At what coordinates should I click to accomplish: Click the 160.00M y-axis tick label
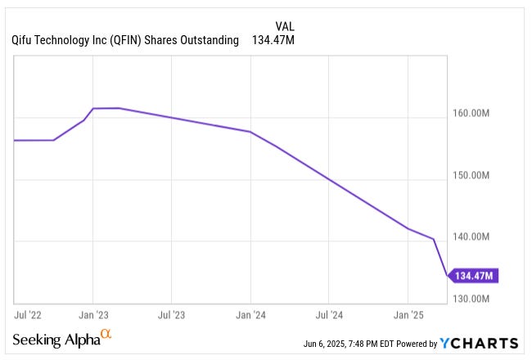click(473, 113)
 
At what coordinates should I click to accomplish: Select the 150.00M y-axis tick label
click(473, 175)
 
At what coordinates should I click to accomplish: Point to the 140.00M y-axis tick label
click(473, 237)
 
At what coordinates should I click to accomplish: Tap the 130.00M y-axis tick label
click(473, 299)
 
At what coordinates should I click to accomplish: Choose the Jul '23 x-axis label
click(171, 313)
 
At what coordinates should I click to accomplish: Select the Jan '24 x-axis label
click(250, 313)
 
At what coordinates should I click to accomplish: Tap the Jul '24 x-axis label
click(329, 313)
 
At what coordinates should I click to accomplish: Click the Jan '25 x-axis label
click(408, 313)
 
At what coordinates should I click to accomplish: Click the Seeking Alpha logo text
click(56, 340)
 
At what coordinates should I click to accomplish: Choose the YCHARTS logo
click(479, 343)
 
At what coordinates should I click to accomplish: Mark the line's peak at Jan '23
click(93, 108)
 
